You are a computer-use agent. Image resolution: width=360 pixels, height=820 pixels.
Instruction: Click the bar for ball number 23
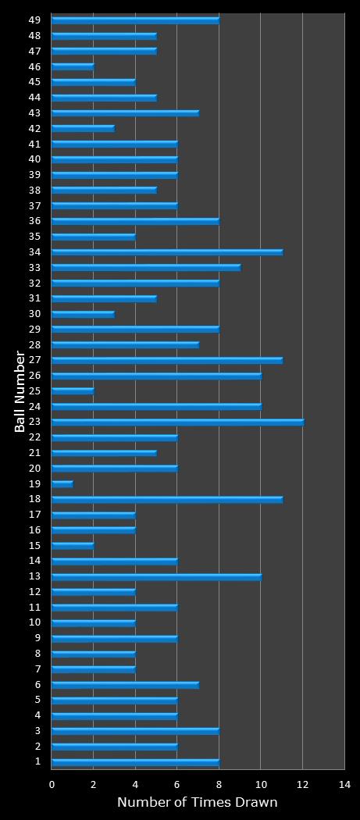(177, 422)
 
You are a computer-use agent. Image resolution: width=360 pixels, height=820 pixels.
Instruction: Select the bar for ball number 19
(62, 483)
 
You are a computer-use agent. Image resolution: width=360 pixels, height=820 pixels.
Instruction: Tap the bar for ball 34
(167, 251)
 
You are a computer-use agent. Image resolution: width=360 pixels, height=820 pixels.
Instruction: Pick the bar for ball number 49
(135, 20)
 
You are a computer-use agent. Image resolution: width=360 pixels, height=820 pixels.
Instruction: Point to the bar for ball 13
(156, 576)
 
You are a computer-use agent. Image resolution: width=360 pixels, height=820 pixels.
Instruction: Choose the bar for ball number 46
(73, 66)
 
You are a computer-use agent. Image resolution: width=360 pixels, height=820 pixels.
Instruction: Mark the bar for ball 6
(125, 685)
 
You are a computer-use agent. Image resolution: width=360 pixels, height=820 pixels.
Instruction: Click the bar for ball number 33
(146, 267)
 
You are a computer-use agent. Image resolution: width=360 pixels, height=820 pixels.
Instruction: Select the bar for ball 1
(135, 762)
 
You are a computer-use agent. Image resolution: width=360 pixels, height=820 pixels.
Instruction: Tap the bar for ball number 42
(83, 128)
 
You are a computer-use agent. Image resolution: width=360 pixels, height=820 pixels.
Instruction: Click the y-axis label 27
(35, 360)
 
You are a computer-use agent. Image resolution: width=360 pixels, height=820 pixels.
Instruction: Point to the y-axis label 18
(35, 499)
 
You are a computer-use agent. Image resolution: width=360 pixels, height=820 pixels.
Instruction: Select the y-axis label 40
(35, 159)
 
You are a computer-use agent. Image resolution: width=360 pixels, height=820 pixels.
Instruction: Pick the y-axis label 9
(37, 638)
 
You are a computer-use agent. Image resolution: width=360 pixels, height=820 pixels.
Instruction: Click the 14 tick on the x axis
(344, 784)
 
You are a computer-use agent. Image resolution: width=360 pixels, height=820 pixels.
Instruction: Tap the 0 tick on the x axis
(52, 784)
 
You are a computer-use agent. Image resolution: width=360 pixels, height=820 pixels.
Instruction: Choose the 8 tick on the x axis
(219, 784)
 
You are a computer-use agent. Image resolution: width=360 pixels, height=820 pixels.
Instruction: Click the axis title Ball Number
(20, 390)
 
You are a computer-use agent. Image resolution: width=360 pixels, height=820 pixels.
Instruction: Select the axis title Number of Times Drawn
(197, 803)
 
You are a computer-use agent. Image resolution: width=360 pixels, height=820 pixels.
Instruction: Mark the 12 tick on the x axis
(302, 784)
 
